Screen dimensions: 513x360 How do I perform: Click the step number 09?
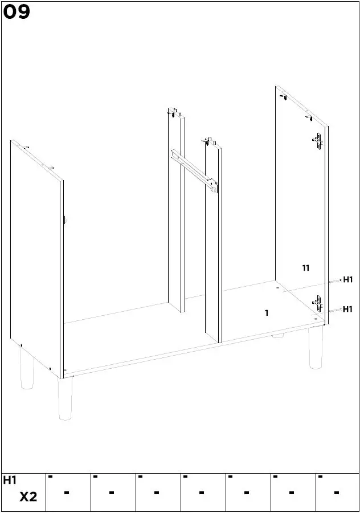point(17,12)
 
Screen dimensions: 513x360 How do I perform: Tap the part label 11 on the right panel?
point(305,267)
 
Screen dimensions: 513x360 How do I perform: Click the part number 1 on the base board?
point(266,313)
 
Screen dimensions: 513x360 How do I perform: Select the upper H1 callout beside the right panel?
point(347,280)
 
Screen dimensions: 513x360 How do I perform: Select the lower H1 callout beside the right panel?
point(347,310)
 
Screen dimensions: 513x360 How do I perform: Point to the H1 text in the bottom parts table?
point(10,481)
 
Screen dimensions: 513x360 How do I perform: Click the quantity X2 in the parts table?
point(28,497)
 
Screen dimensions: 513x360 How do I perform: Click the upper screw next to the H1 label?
point(335,281)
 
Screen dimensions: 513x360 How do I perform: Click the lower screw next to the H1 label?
point(335,310)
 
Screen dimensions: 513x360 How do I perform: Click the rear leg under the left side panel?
point(27,369)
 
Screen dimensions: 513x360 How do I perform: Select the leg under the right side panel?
point(316,348)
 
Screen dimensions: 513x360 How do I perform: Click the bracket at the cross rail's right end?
point(213,186)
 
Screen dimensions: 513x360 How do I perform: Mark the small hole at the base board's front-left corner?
point(67,370)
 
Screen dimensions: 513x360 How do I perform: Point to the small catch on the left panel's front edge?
point(64,219)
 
